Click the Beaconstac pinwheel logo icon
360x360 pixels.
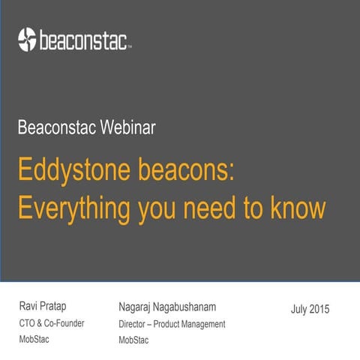(x=27, y=37)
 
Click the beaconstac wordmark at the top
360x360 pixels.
(x=85, y=39)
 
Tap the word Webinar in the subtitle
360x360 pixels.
(x=128, y=127)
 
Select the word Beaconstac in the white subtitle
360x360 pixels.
(x=58, y=127)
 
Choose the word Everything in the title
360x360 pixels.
(x=72, y=207)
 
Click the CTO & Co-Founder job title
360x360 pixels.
(x=51, y=323)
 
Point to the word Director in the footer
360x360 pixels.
(x=135, y=324)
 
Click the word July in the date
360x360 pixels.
(x=299, y=309)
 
